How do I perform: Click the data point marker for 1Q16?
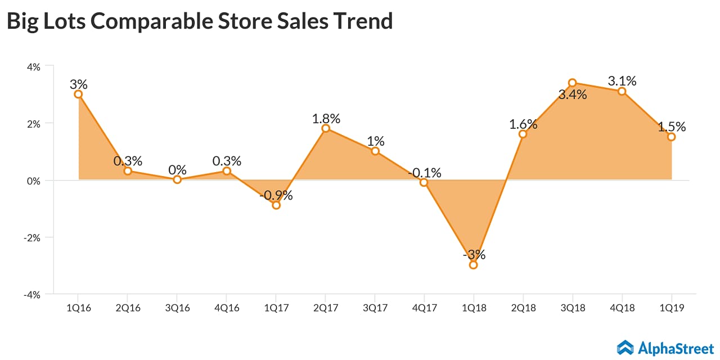coord(78,94)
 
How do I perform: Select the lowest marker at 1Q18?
coord(473,265)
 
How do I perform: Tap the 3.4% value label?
coord(573,94)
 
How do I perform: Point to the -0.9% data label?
coord(276,196)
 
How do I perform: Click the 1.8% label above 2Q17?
coord(326,119)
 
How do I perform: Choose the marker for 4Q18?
coord(622,91)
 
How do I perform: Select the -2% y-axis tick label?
coord(32,237)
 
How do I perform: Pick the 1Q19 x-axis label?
coord(671,308)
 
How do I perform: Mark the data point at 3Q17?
coord(375,151)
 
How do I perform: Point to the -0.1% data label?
coord(425,173)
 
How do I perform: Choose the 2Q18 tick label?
coord(523,308)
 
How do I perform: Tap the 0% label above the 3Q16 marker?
coord(177,169)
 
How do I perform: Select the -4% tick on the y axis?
coord(32,294)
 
